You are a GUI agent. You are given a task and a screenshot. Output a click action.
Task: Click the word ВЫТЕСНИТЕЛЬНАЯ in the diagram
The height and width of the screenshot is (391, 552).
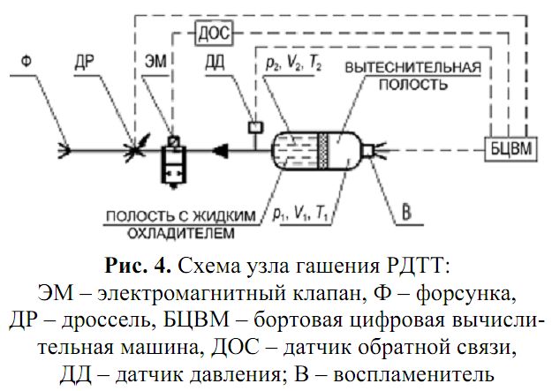tap(413, 67)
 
